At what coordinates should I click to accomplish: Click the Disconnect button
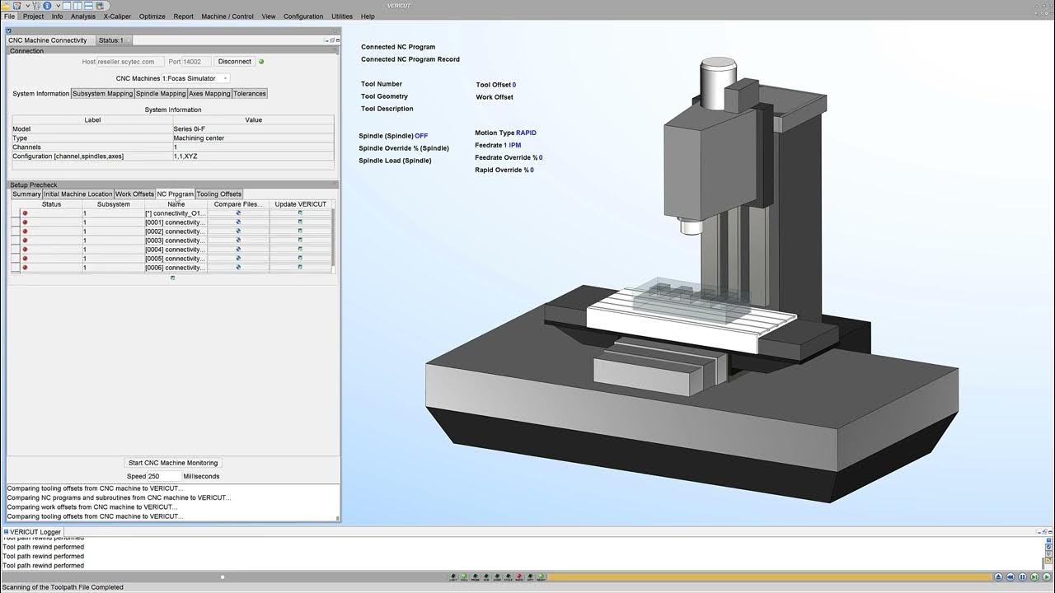[x=235, y=62]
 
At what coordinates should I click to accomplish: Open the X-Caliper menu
[x=117, y=16]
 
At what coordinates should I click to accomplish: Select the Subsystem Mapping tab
[x=102, y=94]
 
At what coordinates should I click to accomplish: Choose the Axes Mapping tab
[x=209, y=94]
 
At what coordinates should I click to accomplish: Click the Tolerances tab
[x=249, y=94]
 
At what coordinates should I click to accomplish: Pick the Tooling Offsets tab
[x=219, y=194]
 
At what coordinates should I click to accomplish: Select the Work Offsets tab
[x=134, y=194]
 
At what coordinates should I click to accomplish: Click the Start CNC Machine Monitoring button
[x=173, y=463]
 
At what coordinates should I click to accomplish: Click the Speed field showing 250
[x=164, y=476]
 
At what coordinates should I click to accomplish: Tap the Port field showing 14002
[x=196, y=62]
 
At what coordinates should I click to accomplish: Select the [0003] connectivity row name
[x=174, y=240]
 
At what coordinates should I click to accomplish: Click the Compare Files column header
[x=238, y=204]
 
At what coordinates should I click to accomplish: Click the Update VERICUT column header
[x=300, y=204]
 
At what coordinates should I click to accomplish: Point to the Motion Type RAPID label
[x=505, y=133]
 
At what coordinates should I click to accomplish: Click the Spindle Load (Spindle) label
[x=395, y=161]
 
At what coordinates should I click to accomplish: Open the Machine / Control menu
[x=227, y=16]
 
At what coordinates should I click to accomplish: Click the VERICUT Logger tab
[x=35, y=532]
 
